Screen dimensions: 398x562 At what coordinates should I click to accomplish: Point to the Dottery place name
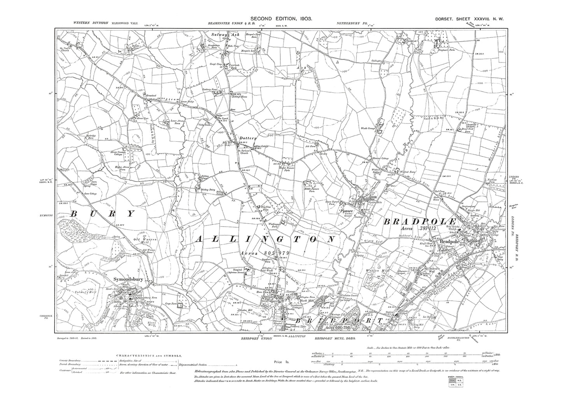(x=247, y=138)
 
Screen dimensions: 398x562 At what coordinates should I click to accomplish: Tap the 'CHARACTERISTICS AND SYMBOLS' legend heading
(x=148, y=356)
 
